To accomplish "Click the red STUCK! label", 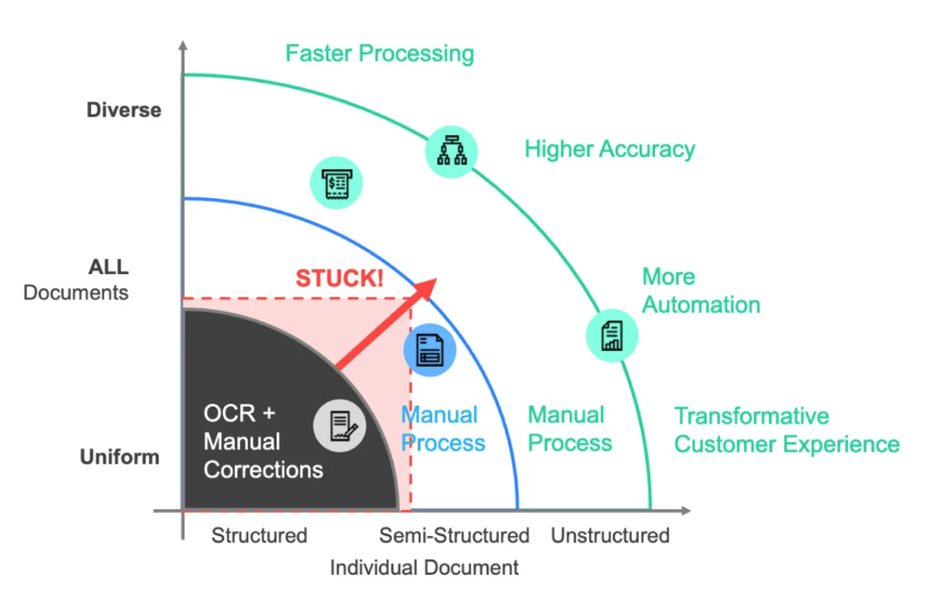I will coord(340,278).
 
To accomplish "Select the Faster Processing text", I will coord(380,53).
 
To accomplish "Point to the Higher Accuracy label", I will coord(610,149).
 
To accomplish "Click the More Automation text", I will coord(701,291).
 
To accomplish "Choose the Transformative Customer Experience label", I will coord(786,431).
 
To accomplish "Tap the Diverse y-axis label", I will coord(123,110).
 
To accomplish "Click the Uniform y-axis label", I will coord(120,457).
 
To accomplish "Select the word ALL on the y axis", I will coord(108,268).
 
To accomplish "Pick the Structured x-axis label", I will coord(259,535).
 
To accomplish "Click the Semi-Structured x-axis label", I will coord(454,535).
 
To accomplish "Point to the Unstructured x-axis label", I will coord(610,535).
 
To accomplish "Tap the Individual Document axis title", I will coord(424,568).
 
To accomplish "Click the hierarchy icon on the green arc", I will coord(451,151).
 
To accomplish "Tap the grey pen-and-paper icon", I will coord(339,425).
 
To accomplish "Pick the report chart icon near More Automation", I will coord(613,335).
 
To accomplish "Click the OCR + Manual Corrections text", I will coord(262,441).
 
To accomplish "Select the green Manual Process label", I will coord(569,429).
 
